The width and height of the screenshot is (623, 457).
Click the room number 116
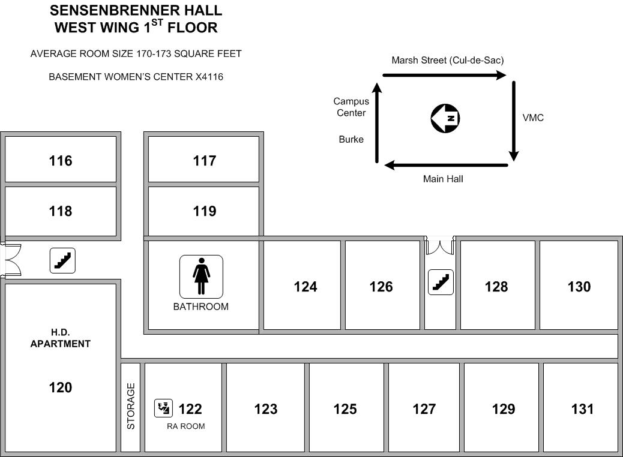tap(61, 161)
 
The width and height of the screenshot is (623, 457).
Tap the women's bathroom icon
tap(201, 276)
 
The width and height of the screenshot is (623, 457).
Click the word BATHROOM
tap(201, 306)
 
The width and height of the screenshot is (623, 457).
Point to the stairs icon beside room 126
tap(441, 282)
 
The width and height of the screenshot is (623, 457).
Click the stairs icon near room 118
tap(62, 260)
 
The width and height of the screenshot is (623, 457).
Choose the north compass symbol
tap(445, 118)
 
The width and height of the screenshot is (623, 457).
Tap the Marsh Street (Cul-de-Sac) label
tap(448, 61)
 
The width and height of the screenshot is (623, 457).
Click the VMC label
tap(533, 118)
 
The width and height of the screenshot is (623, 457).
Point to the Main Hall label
tap(443, 179)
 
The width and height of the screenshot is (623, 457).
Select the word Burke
tap(351, 139)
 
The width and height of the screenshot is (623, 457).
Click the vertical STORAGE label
tap(131, 406)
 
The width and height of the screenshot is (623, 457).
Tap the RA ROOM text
tap(186, 426)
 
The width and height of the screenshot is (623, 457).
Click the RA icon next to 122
tap(163, 408)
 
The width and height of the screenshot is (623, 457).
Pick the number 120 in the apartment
tap(61, 387)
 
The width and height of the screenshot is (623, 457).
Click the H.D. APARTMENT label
tap(61, 338)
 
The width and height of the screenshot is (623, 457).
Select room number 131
tap(582, 410)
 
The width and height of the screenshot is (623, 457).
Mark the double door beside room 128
tap(440, 246)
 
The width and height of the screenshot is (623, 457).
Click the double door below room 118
tap(11, 260)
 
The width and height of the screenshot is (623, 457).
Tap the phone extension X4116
tap(209, 77)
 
